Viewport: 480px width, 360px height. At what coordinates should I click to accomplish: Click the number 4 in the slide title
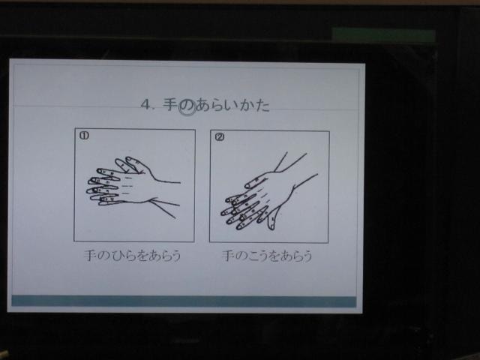[x=146, y=104]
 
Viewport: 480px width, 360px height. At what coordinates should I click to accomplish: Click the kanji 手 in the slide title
[x=170, y=104]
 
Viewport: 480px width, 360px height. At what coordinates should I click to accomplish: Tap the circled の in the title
[x=187, y=106]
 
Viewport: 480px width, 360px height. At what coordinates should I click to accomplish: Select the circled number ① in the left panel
[x=84, y=136]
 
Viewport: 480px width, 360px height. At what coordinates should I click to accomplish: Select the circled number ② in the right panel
[x=220, y=136]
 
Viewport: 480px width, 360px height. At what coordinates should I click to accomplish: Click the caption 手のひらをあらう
[x=133, y=256]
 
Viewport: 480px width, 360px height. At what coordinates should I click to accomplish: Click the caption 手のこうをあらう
[x=267, y=256]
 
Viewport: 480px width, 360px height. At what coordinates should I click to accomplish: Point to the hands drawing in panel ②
[x=269, y=192]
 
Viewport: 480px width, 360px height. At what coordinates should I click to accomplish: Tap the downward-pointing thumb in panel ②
[x=271, y=220]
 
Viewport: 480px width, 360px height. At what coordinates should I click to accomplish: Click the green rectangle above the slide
[x=383, y=36]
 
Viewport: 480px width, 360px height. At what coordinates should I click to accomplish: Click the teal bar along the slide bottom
[x=184, y=301]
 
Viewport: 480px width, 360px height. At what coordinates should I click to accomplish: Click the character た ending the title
[x=262, y=105]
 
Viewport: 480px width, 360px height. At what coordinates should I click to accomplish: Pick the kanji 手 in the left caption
[x=91, y=255]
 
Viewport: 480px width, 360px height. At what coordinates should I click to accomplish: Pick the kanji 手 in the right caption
[x=229, y=256]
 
